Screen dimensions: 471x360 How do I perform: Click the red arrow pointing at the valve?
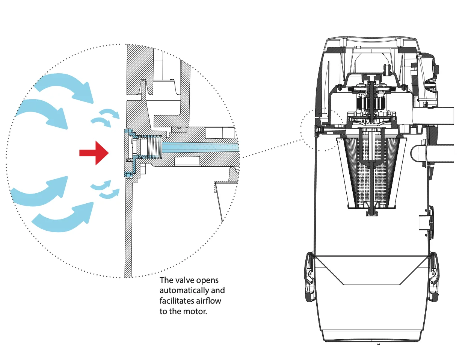point(94,153)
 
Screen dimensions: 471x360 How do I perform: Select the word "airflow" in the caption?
point(208,301)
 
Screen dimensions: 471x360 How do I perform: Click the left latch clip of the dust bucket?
point(309,277)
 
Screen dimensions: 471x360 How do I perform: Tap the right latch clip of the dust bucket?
point(434,277)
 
